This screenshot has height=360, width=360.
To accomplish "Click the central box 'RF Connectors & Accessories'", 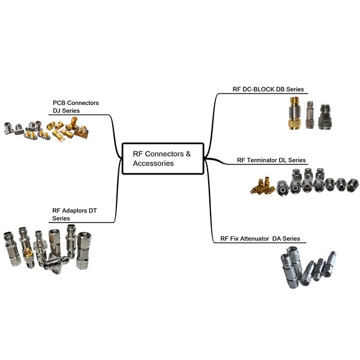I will [163, 158].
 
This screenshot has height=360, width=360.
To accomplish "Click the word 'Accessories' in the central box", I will [153, 163].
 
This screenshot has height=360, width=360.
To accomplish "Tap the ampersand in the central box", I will [188, 154].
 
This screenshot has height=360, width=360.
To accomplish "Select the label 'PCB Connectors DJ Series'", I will [75, 107].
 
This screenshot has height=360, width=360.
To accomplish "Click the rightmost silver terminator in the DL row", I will [352, 185].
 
